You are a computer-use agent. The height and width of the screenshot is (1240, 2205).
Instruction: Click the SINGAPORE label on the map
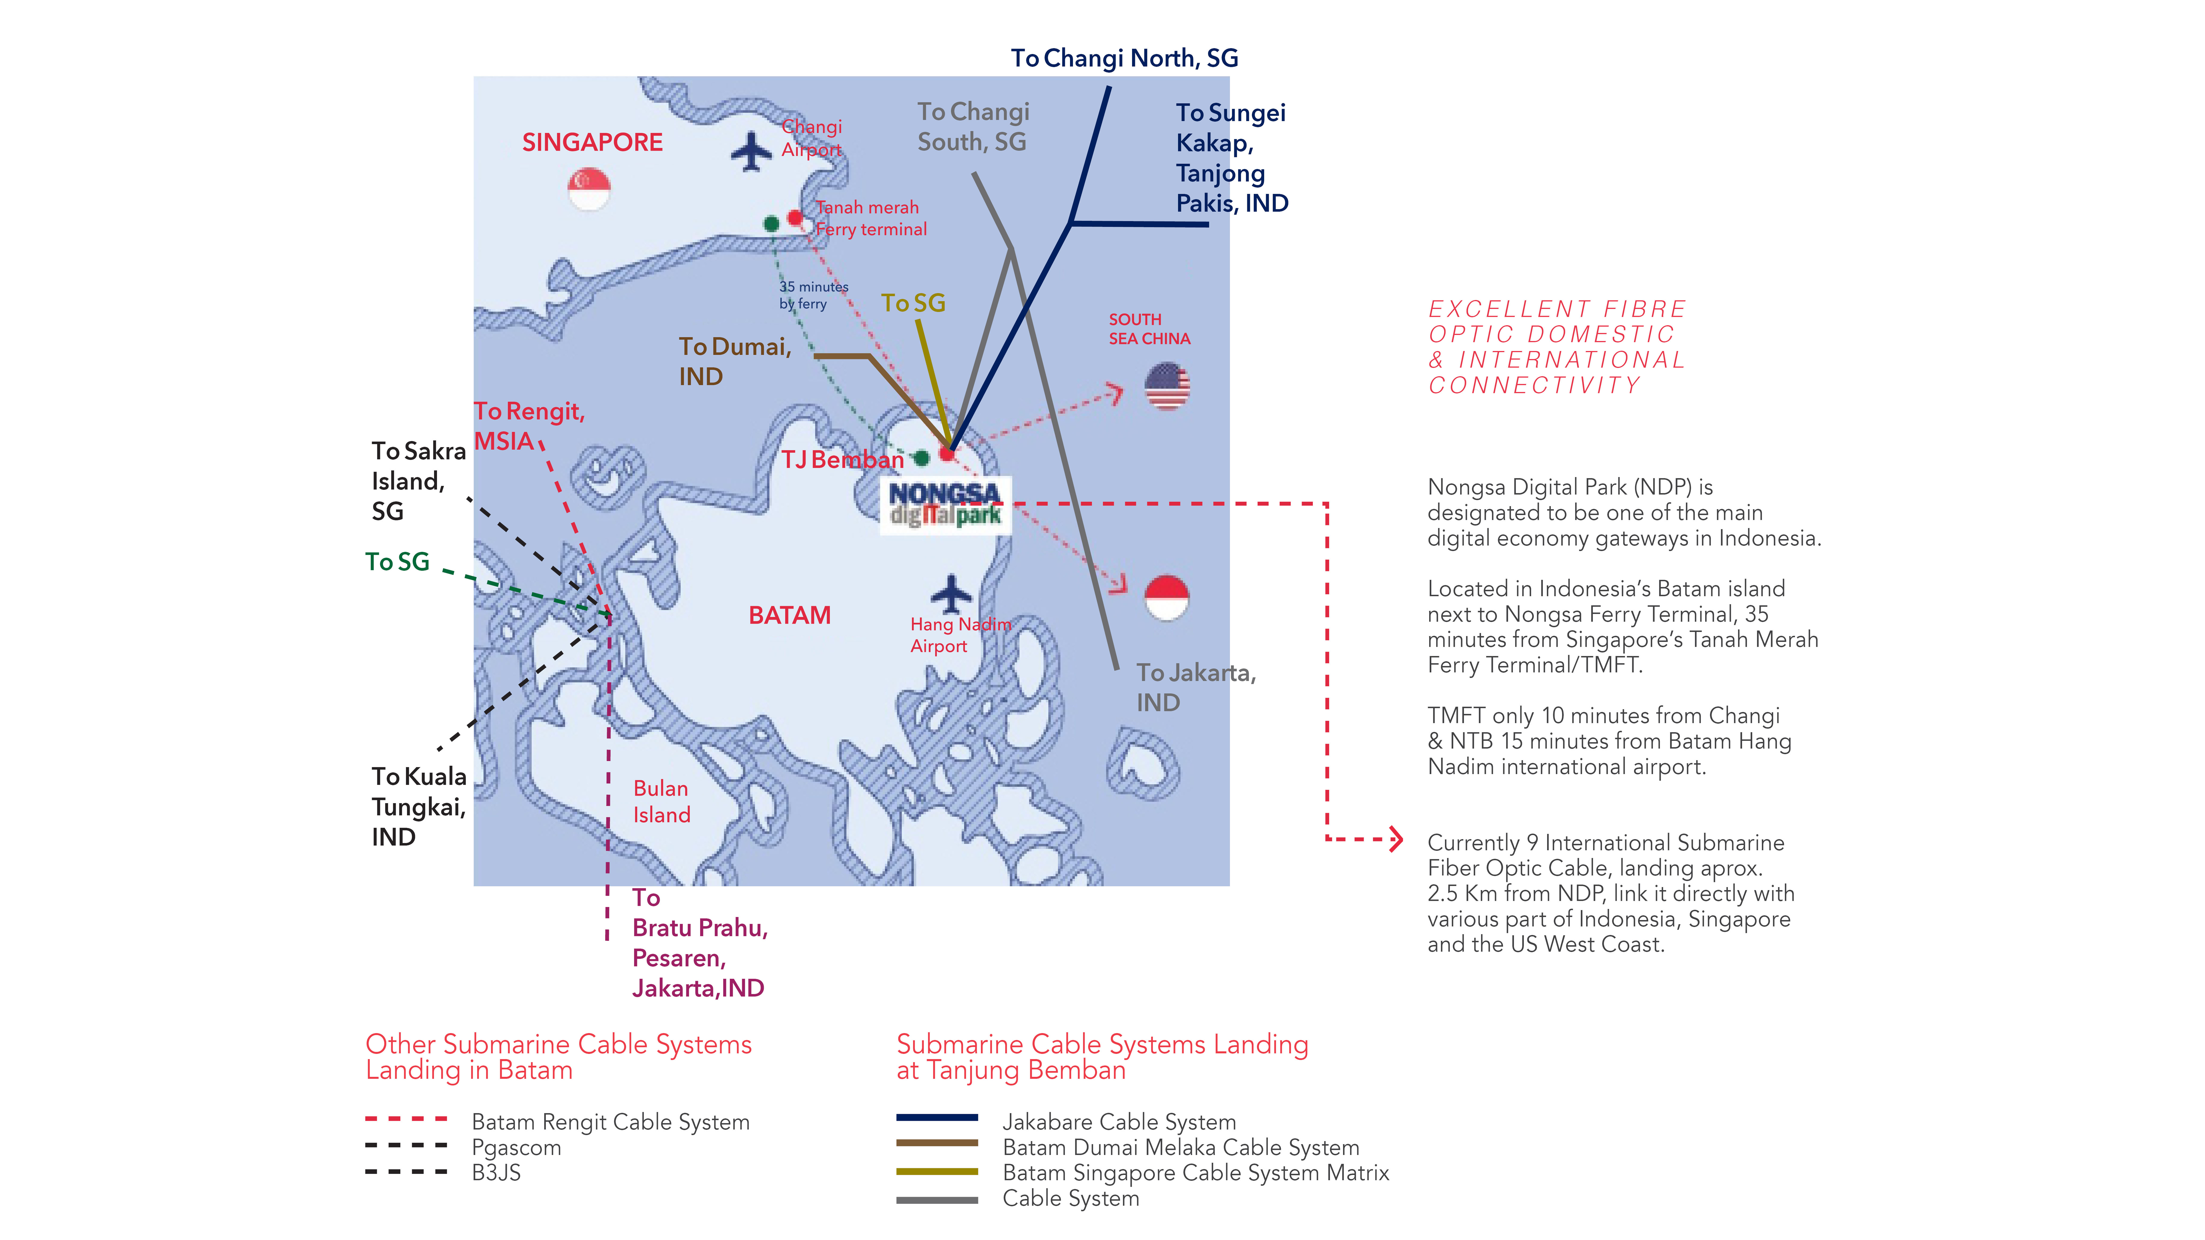[592, 142]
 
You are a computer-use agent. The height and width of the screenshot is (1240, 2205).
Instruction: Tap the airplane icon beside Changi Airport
[751, 152]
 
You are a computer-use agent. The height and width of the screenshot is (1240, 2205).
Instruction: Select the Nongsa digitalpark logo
[946, 505]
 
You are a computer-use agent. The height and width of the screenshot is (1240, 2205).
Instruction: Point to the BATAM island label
[789, 615]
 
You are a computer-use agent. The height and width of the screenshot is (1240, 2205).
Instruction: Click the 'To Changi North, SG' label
[1125, 58]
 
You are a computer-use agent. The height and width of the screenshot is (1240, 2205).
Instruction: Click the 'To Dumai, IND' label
[734, 361]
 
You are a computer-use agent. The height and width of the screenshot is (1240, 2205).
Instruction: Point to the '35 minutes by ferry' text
[813, 295]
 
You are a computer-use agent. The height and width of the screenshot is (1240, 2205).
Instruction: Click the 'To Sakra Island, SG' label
[419, 481]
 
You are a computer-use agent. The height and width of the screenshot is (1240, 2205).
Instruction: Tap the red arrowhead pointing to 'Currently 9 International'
[1396, 839]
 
